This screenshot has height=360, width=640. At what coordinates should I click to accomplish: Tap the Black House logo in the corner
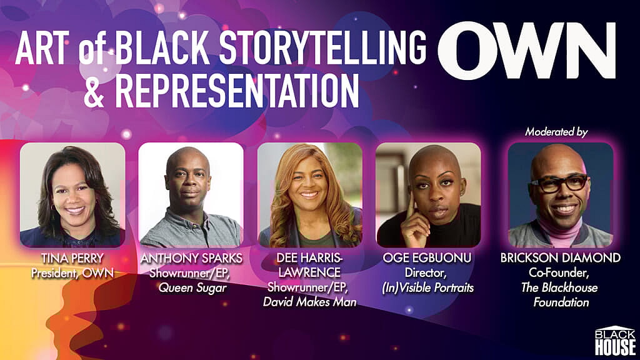[615, 341]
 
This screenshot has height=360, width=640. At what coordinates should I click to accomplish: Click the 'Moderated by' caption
[556, 132]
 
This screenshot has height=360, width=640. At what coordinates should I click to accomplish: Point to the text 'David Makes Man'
[310, 302]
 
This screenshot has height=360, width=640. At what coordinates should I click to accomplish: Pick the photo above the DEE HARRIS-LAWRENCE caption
[310, 195]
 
